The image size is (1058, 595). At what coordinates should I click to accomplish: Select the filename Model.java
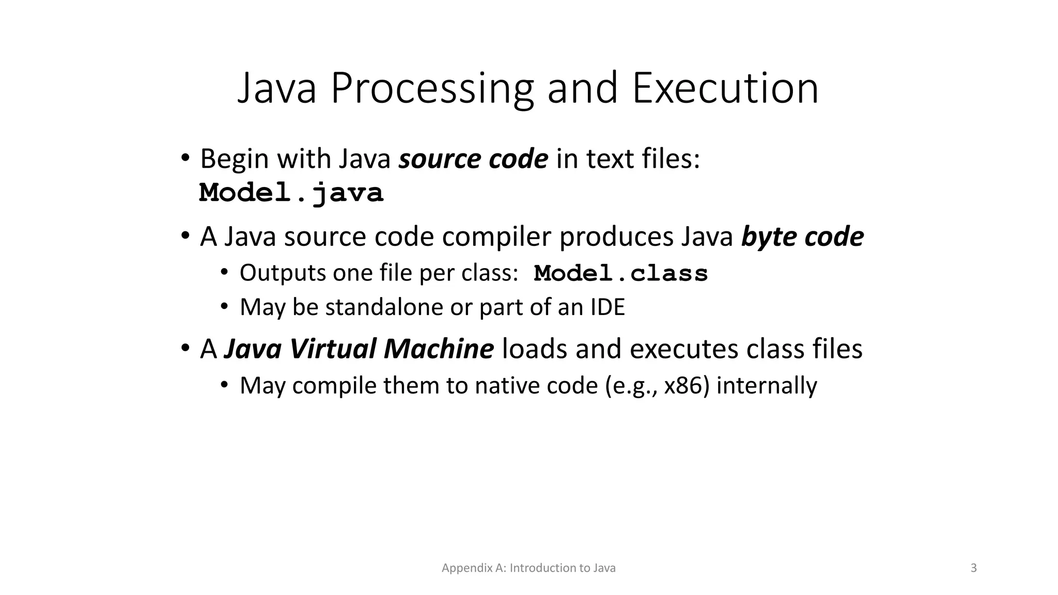coord(291,193)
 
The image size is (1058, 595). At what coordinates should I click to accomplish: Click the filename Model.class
coord(620,273)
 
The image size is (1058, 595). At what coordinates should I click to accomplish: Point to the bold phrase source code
coord(473,159)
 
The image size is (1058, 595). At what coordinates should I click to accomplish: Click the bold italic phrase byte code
coord(802,237)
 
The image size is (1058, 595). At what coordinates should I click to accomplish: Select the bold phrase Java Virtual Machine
coord(359,349)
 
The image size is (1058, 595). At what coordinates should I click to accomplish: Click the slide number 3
coord(974,568)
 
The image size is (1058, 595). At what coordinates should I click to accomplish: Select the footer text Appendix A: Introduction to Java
coord(528,568)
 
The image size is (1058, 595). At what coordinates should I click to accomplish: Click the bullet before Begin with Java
coord(185,158)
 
